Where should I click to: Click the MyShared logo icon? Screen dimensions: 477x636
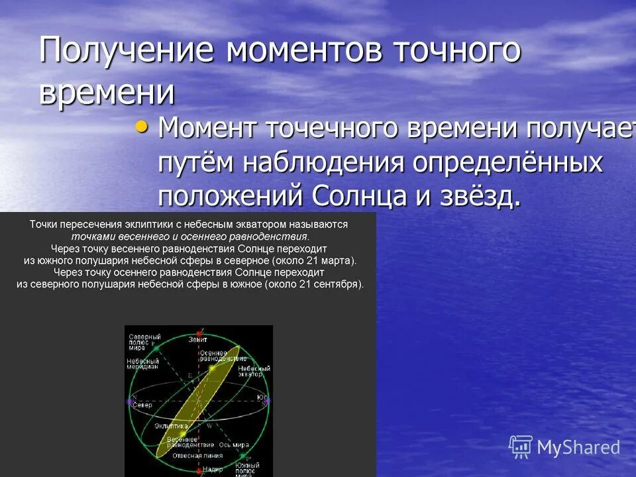click(x=521, y=447)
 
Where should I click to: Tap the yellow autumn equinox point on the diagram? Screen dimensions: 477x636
click(x=212, y=367)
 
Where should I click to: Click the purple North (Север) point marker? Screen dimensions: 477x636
click(x=129, y=401)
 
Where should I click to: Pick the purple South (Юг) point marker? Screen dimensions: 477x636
click(x=267, y=401)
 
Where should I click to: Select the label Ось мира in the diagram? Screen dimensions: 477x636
click(x=235, y=445)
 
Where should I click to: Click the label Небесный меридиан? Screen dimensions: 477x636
click(x=142, y=365)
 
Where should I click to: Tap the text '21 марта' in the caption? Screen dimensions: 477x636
click(x=333, y=260)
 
